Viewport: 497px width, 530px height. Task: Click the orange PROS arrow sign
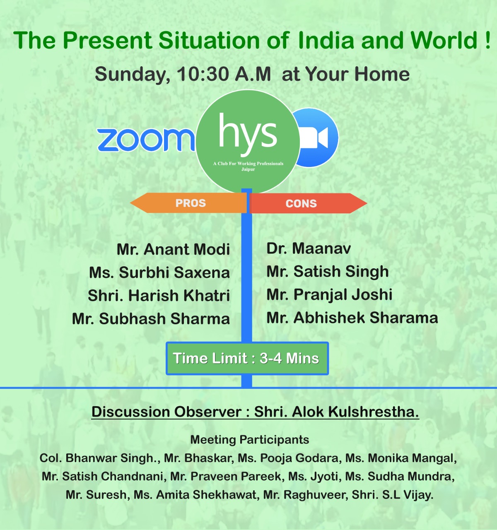tap(188, 203)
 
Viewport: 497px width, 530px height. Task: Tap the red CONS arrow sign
tap(308, 203)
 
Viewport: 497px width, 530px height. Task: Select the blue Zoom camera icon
tap(315, 138)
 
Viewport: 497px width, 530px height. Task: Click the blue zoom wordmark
tap(146, 140)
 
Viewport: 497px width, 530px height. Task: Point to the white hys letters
tap(248, 134)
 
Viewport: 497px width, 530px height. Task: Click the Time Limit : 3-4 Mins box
tap(247, 358)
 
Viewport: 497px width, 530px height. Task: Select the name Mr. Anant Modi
tap(173, 249)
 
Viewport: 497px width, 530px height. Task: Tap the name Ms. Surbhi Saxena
tap(159, 272)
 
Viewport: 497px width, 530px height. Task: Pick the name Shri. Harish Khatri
tap(159, 296)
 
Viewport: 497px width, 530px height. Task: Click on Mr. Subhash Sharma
tap(151, 319)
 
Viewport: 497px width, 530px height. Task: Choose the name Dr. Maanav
tap(309, 248)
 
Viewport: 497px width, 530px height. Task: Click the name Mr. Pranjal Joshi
tap(329, 295)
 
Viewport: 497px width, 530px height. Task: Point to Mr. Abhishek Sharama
tap(352, 318)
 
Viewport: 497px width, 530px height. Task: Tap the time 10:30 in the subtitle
tap(203, 74)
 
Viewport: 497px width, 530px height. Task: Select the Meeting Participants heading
tap(250, 440)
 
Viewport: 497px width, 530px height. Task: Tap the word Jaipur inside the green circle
tap(248, 169)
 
